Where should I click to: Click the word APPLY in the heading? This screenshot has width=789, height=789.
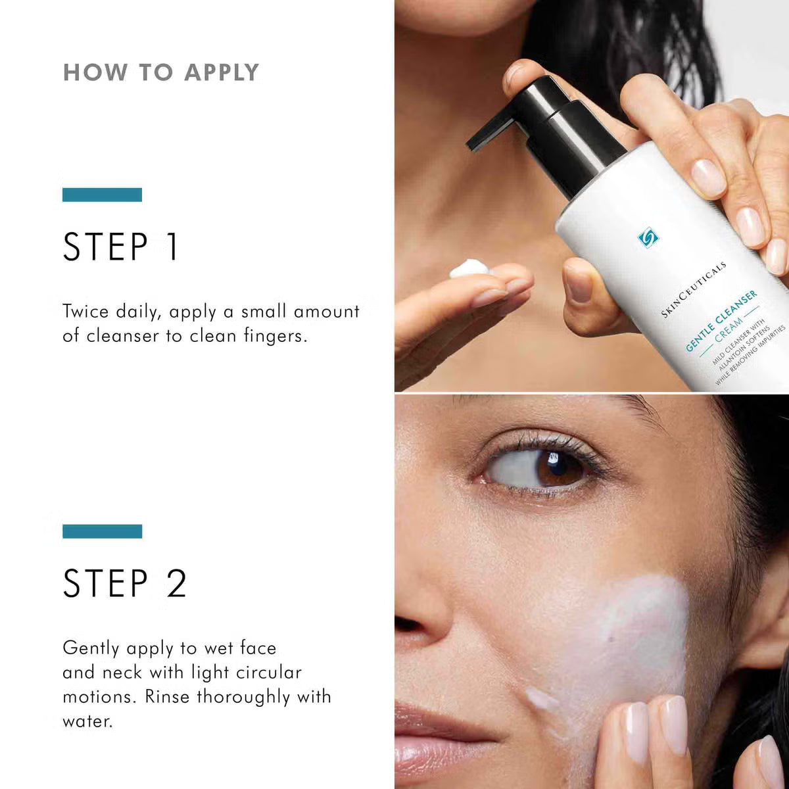(x=222, y=72)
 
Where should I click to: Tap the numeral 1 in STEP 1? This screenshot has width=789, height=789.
(x=172, y=247)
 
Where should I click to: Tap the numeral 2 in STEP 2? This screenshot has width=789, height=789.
(x=176, y=584)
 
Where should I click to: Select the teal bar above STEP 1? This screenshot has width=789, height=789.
(x=102, y=195)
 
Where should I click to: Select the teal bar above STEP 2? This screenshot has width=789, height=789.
(x=102, y=531)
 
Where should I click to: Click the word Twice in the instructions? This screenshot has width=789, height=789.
(x=85, y=311)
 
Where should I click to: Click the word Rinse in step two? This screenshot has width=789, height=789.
(x=168, y=696)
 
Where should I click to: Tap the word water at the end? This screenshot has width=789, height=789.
(x=87, y=721)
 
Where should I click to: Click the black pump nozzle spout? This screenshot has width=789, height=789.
(x=487, y=131)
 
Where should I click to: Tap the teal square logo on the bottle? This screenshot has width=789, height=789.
(x=648, y=237)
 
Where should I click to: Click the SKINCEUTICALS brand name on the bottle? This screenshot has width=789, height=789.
(x=694, y=290)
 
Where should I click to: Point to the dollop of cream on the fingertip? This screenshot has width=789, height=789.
(x=469, y=270)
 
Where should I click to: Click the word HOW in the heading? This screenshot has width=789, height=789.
(x=95, y=72)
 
